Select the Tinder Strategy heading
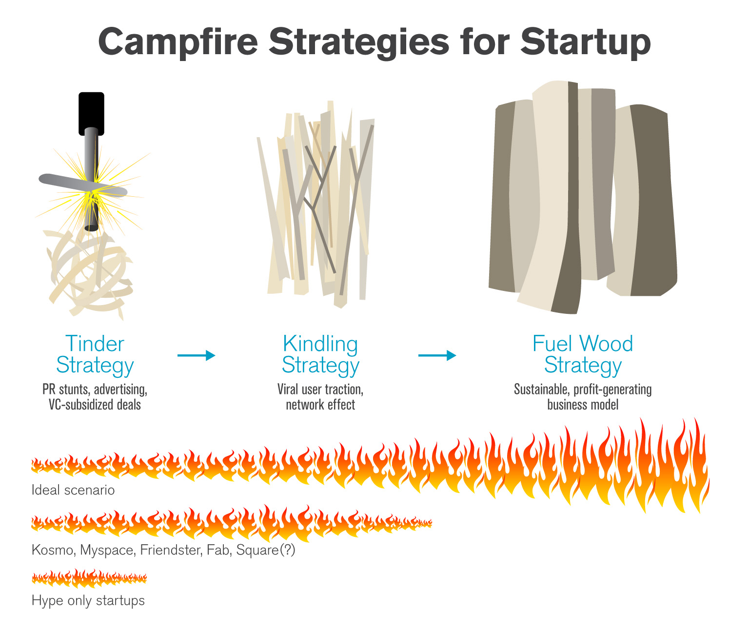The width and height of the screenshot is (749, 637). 95,354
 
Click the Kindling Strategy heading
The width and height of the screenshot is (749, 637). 320,354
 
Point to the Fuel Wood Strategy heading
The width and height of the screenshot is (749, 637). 583,354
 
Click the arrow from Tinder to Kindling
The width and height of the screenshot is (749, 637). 196,355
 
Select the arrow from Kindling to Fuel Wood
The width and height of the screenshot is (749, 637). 437,355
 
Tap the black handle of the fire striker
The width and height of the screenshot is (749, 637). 91,113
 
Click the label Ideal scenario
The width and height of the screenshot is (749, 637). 73,490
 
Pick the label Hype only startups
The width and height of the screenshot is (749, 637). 88,600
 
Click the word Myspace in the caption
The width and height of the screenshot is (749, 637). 107,550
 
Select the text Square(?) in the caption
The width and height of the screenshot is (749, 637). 266,550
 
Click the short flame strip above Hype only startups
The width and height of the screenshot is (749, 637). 89,578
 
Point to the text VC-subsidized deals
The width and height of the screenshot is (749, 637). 95,405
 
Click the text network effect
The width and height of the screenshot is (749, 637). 320,405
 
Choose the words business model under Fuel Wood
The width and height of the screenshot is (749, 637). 583,405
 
